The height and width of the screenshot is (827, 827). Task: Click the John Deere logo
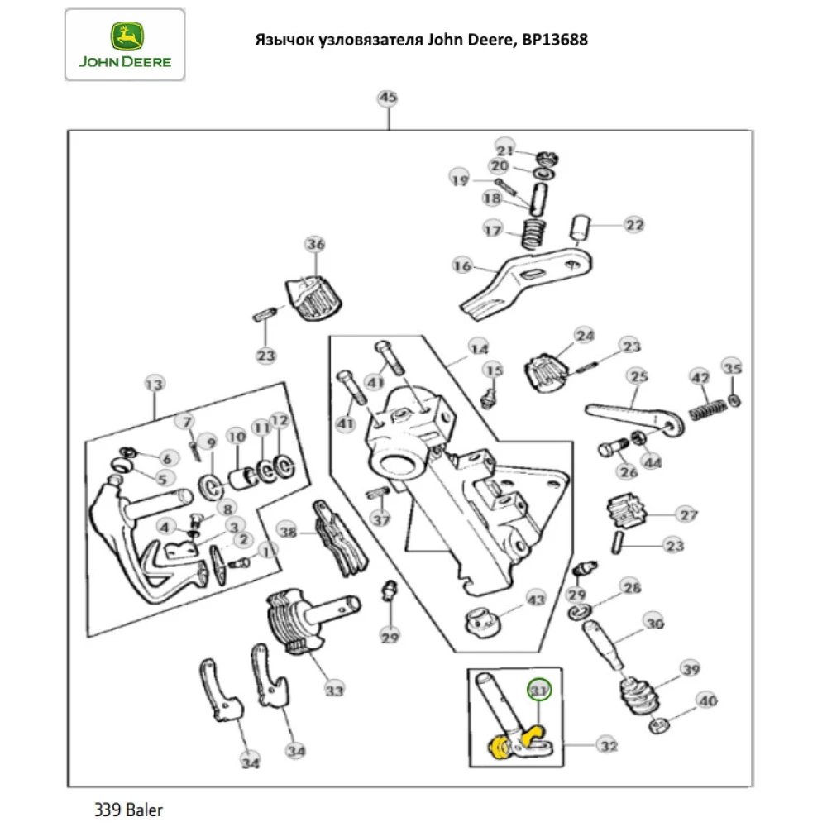[x=124, y=45]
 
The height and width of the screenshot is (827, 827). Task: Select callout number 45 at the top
[x=387, y=98]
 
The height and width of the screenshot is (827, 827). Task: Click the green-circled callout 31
[x=539, y=689]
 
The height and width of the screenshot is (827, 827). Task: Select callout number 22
[x=633, y=224]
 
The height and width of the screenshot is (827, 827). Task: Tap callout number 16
[x=461, y=265]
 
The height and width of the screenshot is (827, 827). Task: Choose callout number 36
[x=315, y=244]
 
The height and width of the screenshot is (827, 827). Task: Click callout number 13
[x=155, y=384]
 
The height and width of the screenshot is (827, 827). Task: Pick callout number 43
[x=536, y=599]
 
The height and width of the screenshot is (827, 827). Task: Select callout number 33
[x=334, y=689]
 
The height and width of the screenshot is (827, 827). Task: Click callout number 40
[x=706, y=701]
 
